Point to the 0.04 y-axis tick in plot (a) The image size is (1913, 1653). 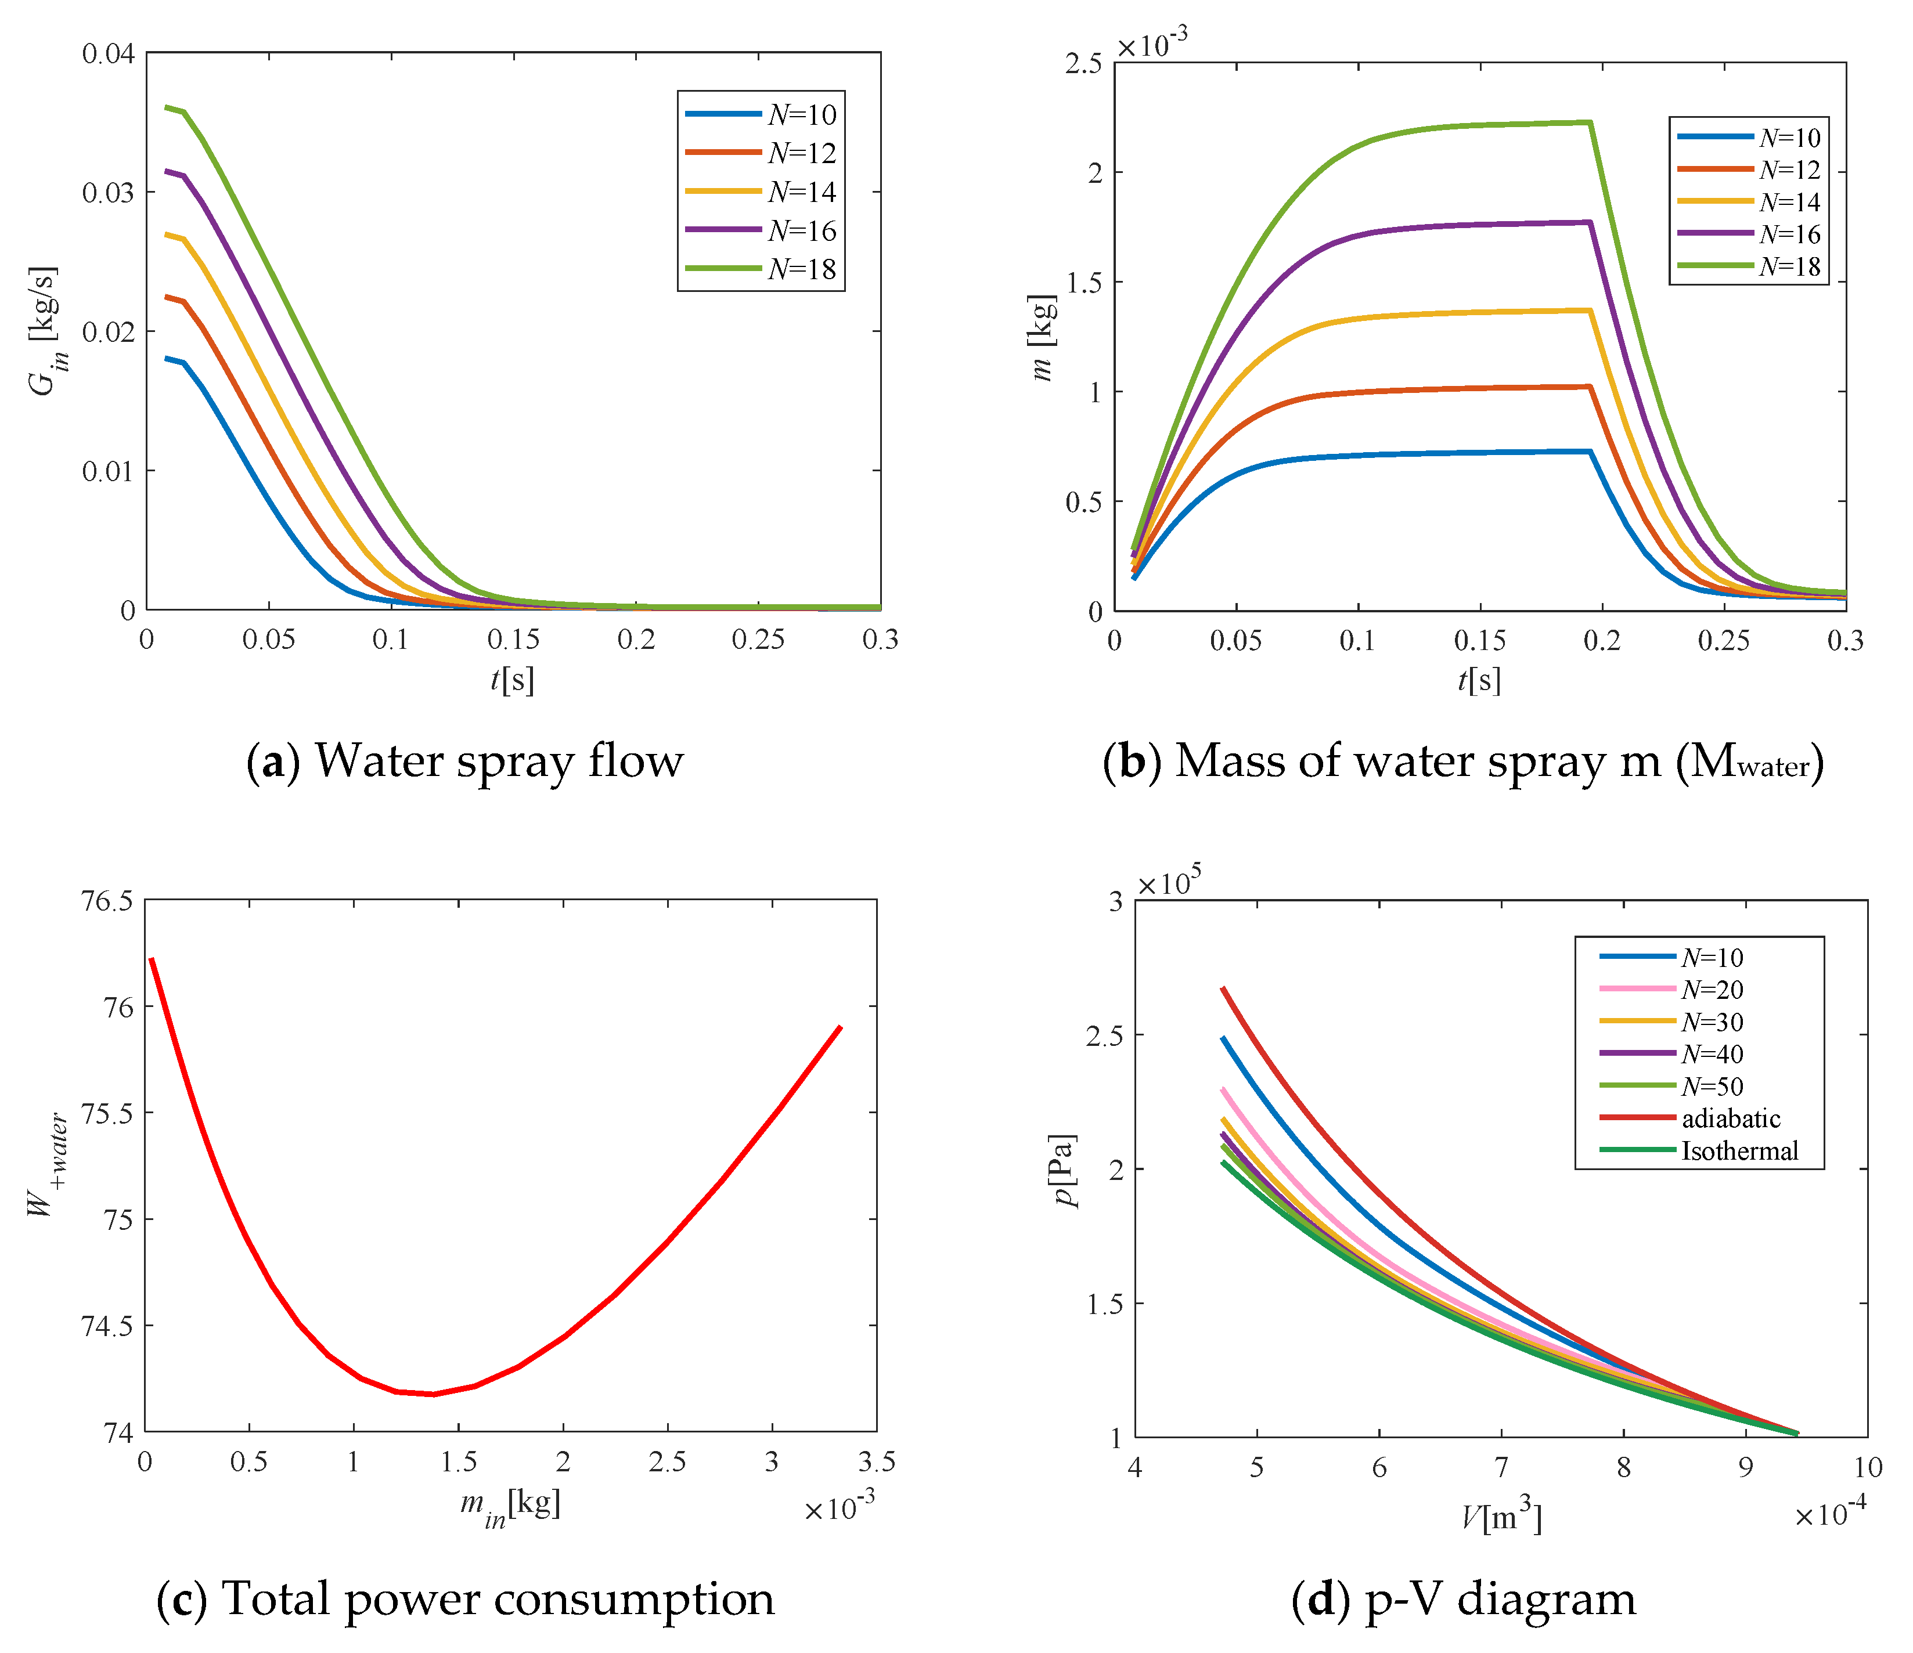pyautogui.click(x=108, y=53)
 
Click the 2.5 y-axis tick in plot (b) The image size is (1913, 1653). pyautogui.click(x=1083, y=64)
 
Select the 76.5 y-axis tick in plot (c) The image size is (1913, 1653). pyautogui.click(x=107, y=901)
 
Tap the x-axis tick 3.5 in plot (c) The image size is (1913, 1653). pyautogui.click(x=876, y=1461)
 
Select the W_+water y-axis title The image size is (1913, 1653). pyautogui.click(x=46, y=1165)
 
